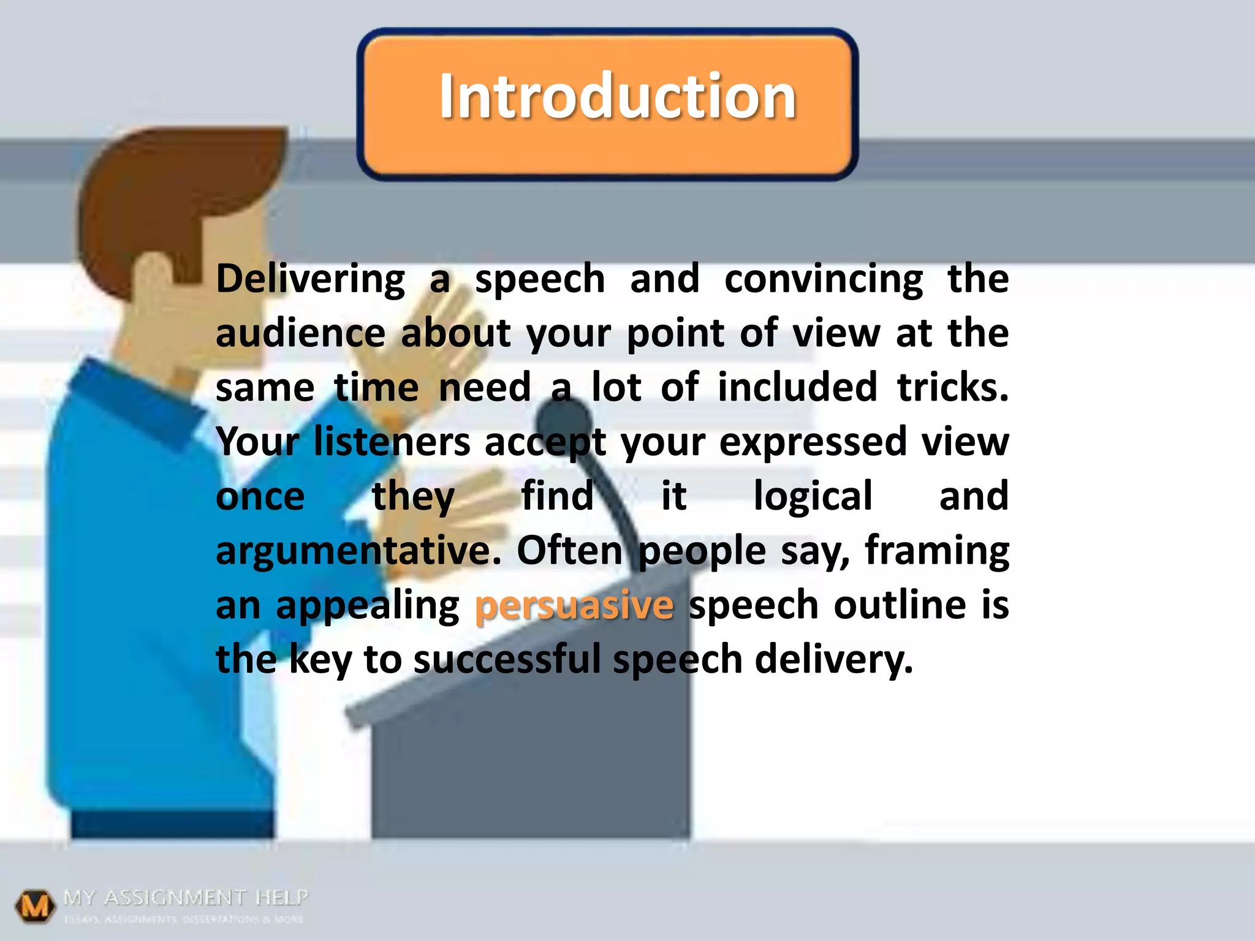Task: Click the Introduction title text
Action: [617, 96]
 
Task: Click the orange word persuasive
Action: [574, 605]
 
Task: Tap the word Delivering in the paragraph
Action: [310, 279]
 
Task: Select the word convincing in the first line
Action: [823, 279]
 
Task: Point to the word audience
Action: [300, 334]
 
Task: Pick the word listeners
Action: [392, 442]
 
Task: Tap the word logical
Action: [813, 496]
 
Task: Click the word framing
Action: [936, 551]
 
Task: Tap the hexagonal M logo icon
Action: [34, 905]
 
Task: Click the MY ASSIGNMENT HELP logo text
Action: [186, 898]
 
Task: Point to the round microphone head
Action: [564, 423]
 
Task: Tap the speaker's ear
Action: [153, 276]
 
